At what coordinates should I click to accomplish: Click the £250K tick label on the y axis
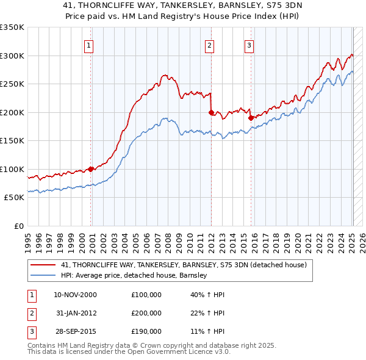(12, 84)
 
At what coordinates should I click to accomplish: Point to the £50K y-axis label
(14, 198)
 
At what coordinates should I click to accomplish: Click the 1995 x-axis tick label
(28, 239)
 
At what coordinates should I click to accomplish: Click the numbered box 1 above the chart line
(89, 45)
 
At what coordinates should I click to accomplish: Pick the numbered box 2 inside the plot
(209, 45)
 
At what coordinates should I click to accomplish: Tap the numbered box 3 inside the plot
(249, 45)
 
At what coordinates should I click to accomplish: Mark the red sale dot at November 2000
(91, 169)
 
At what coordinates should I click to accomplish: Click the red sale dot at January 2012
(211, 112)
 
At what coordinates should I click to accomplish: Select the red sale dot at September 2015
(251, 118)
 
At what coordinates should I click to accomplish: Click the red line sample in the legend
(43, 265)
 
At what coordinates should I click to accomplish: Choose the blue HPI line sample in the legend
(43, 275)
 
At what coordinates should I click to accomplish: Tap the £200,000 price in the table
(146, 313)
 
